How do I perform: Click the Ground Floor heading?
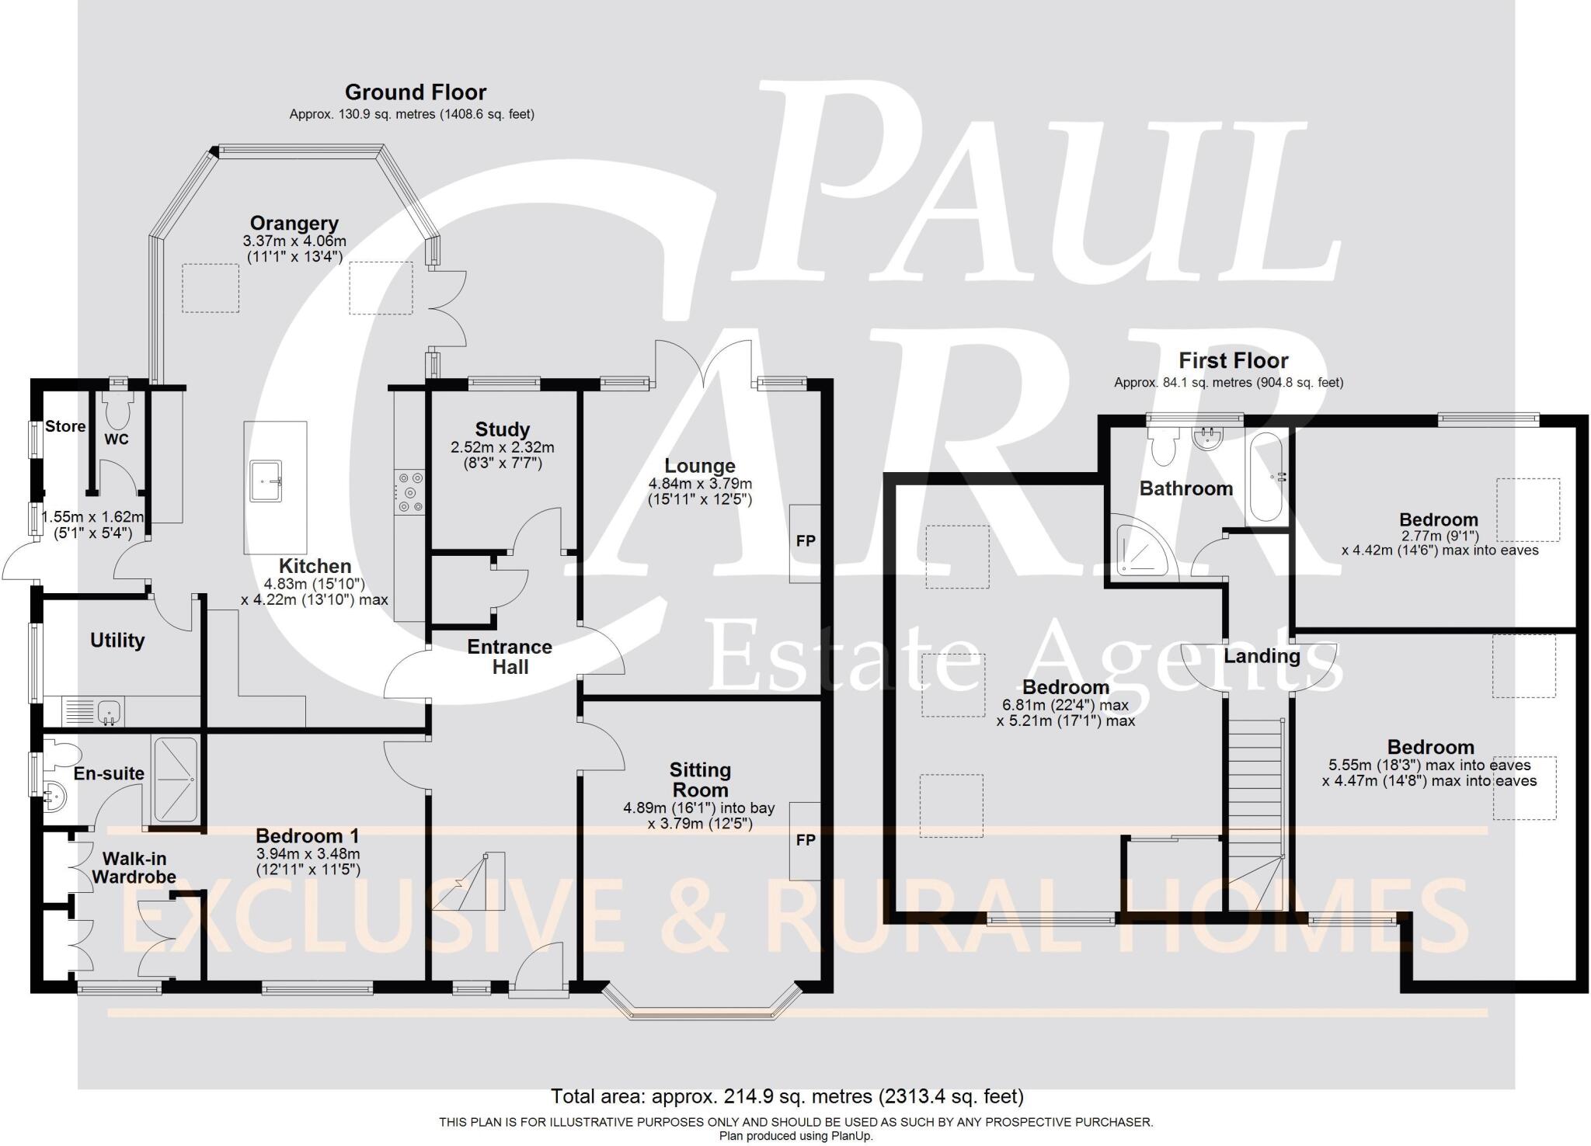pos(415,92)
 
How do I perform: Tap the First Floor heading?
pos(1233,361)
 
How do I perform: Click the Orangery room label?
pos(294,224)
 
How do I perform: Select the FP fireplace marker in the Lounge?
pos(806,541)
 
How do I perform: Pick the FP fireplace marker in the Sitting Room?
pos(806,840)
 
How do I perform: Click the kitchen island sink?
pos(266,481)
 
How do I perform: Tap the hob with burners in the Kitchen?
pos(410,492)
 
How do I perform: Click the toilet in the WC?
pos(118,412)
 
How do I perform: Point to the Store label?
pos(65,426)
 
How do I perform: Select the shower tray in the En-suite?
pos(176,779)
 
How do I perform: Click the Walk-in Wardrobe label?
pos(134,868)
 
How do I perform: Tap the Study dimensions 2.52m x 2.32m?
pos(502,448)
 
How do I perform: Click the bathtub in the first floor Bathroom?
pos(1266,477)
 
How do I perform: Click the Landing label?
pos(1262,657)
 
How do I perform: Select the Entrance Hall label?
pos(510,657)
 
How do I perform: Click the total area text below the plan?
pos(787,1096)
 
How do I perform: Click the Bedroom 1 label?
pos(307,836)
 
